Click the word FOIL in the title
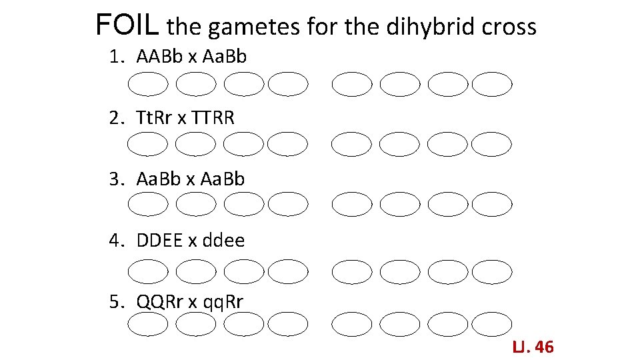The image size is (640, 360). point(127,25)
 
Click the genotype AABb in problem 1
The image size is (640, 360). point(159,57)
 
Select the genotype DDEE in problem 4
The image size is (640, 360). point(159,240)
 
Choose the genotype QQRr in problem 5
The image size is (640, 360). point(160,301)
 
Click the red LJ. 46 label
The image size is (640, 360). point(533,347)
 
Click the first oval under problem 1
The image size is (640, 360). point(148,85)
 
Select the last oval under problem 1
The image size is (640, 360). point(492,85)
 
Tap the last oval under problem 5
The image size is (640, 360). point(492,325)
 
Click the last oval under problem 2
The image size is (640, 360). point(492,143)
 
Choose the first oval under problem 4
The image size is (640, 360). point(148,271)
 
